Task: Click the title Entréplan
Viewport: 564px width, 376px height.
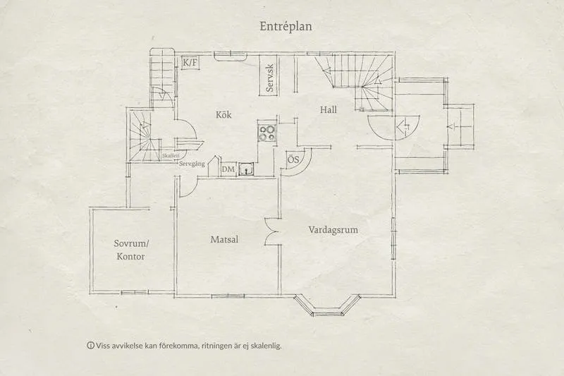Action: click(285, 25)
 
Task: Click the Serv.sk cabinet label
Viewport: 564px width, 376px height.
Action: click(269, 78)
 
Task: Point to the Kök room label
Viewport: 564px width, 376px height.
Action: click(223, 114)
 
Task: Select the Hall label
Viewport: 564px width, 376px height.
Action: click(329, 110)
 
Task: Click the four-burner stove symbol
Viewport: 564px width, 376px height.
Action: click(267, 133)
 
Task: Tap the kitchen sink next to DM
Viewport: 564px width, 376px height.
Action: click(246, 169)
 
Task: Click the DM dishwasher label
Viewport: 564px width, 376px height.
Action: click(228, 170)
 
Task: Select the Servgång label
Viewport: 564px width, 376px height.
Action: click(193, 164)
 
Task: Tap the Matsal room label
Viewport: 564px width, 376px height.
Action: click(224, 240)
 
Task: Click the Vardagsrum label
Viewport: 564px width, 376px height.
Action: click(334, 230)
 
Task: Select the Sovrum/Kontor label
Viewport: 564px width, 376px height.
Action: click(132, 250)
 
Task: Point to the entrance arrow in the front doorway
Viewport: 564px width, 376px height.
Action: click(405, 128)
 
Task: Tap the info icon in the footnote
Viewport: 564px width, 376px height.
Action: click(90, 346)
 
